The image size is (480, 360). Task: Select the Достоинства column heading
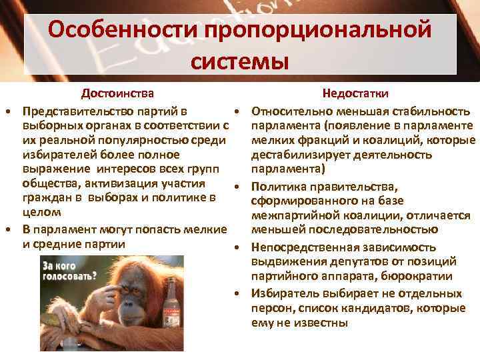[117, 93]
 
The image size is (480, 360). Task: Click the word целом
[40, 212]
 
